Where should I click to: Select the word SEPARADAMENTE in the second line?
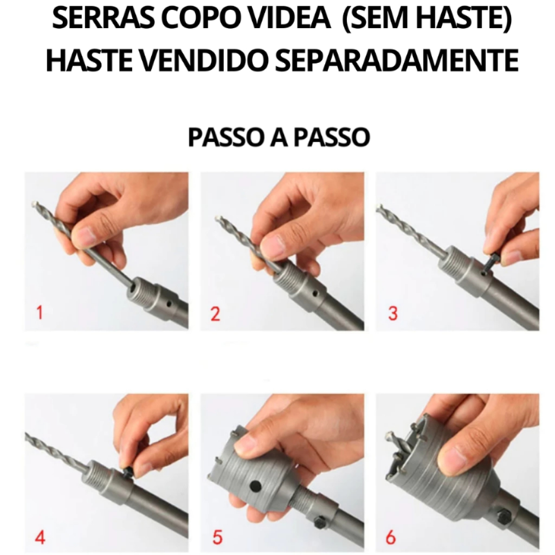tap(397, 60)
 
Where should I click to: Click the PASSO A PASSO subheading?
tap(279, 137)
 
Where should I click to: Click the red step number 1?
tap(40, 313)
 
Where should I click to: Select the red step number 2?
tap(215, 314)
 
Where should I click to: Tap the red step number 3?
tap(393, 313)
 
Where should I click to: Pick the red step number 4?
tap(40, 538)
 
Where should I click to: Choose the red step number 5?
tap(217, 538)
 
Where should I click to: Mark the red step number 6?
tap(390, 538)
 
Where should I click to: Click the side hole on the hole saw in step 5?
tap(255, 486)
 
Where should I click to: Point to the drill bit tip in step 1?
tap(34, 204)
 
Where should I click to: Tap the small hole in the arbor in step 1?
tap(170, 304)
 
